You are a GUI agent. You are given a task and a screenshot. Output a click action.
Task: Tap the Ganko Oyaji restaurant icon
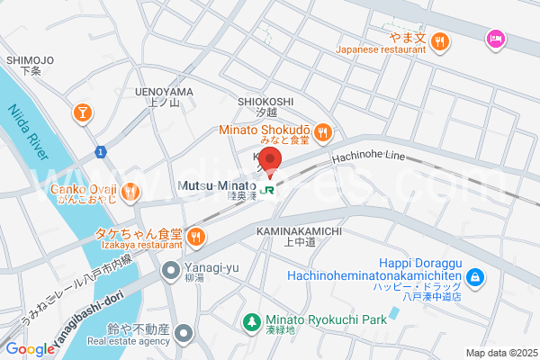tap(131, 191)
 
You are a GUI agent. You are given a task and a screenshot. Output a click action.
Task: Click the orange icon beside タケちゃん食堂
tap(196, 238)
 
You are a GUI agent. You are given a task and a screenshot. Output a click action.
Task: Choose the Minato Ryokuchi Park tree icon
tap(254, 320)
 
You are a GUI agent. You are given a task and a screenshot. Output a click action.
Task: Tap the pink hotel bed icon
tap(494, 39)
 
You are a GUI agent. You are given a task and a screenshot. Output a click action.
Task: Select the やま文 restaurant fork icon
tap(439, 40)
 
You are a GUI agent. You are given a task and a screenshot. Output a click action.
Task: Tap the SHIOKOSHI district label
tap(265, 102)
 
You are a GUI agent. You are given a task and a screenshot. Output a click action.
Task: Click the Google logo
tap(30, 349)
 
